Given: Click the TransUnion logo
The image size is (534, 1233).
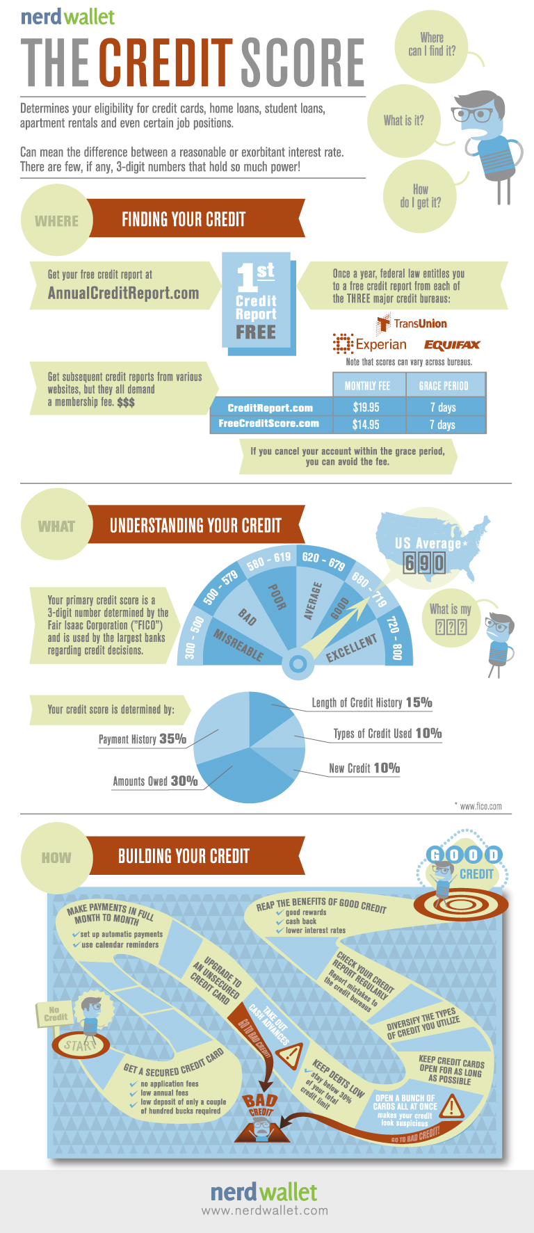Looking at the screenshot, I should tap(412, 323).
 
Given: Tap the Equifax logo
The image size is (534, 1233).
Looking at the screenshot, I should tap(452, 345).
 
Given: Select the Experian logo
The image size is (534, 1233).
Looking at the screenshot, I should tap(369, 344).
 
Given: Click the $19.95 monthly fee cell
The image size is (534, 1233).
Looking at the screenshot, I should tap(366, 408).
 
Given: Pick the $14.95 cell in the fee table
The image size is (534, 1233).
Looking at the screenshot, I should tap(366, 424).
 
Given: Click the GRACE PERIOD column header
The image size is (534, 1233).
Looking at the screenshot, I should tap(444, 386).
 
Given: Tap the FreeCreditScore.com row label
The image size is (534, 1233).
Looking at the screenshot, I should tap(269, 424).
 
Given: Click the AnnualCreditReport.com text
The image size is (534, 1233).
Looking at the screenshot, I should tap(123, 293).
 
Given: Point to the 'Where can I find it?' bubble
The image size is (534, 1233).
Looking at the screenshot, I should tap(432, 45).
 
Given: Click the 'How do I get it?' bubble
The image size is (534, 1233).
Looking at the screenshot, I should tap(420, 195).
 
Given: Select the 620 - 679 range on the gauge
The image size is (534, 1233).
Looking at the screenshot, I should tap(323, 561).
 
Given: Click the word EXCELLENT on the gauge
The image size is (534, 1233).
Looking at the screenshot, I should tap(352, 647).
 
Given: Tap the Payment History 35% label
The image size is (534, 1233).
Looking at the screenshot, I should tap(143, 739).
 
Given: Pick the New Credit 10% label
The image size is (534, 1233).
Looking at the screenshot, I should tap(364, 768).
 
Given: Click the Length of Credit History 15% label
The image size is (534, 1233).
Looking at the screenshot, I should tap(372, 702).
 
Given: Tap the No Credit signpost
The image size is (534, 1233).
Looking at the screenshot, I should tap(55, 1014).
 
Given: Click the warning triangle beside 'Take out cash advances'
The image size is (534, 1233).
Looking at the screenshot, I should tap(289, 1054).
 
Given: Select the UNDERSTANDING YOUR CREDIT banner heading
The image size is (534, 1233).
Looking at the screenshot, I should tap(195, 526).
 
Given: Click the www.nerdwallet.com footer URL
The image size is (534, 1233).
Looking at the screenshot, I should tap(264, 1211).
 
